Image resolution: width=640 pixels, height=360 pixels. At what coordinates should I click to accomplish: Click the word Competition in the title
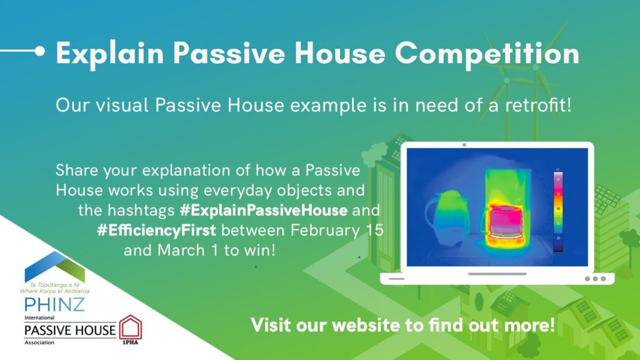point(486,54)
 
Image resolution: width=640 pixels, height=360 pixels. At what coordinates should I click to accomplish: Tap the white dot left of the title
point(39,51)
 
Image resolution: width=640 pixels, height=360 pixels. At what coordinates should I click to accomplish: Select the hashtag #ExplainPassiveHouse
point(264,211)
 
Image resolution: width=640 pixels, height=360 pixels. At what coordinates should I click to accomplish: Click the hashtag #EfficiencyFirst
point(156,231)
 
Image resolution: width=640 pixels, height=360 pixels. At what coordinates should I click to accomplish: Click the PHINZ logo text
point(54,304)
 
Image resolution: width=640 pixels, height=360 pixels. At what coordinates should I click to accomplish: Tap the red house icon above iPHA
point(130,327)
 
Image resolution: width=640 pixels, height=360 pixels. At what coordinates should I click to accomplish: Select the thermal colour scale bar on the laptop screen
point(558,211)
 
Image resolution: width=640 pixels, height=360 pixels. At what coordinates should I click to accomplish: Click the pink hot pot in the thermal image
point(505,221)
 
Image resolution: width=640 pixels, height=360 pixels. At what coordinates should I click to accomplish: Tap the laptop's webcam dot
point(464,145)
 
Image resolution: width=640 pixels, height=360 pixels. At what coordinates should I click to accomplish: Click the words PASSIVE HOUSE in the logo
point(70,330)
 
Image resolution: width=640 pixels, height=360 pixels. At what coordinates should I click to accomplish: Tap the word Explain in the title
point(110,54)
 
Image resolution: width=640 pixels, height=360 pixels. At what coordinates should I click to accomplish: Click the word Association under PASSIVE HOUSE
point(39,342)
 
